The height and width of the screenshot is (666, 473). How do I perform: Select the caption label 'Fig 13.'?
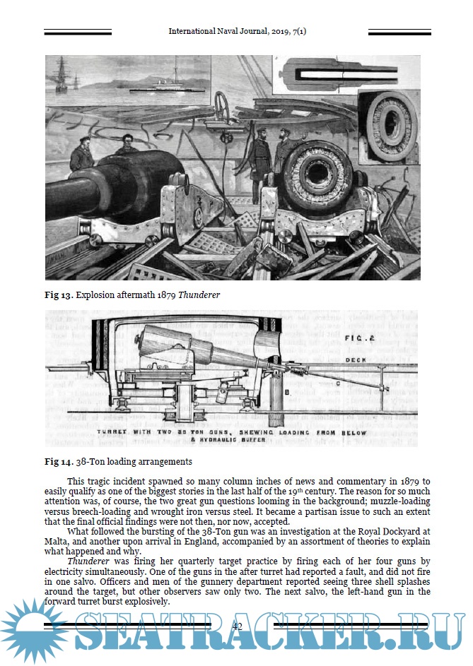(x=58, y=295)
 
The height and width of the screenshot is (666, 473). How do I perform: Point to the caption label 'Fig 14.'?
(x=58, y=463)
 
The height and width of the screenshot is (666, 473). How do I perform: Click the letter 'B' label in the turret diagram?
(x=286, y=388)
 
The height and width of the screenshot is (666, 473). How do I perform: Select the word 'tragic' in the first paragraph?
(x=105, y=481)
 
